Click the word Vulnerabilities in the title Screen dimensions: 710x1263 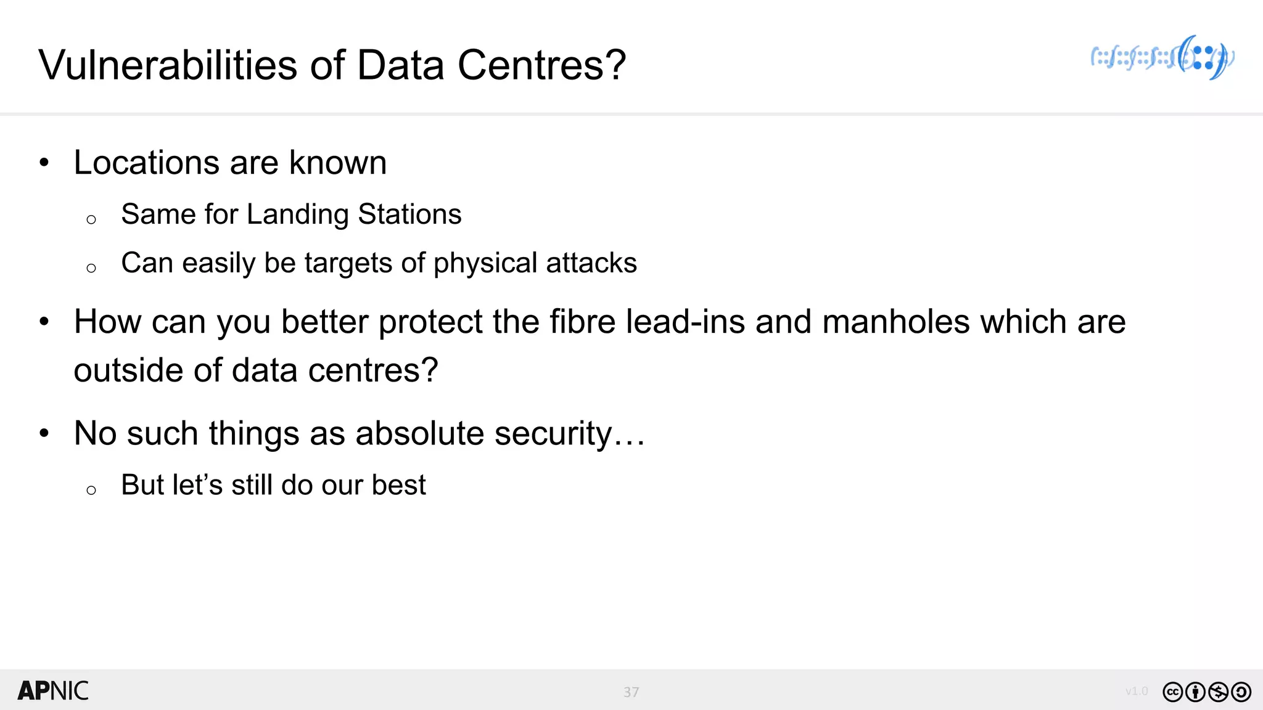pyautogui.click(x=170, y=65)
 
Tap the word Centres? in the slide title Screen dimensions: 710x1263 pyautogui.click(x=541, y=65)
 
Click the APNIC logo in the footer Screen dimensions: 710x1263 pyautogui.click(x=53, y=691)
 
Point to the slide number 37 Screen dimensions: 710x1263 pyautogui.click(x=631, y=692)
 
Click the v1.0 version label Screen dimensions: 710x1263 pyautogui.click(x=1136, y=692)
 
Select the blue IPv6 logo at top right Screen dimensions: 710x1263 pyautogui.click(x=1162, y=58)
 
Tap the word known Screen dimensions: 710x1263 pyautogui.click(x=338, y=163)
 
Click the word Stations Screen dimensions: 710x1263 pyautogui.click(x=409, y=214)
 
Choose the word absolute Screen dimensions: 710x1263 pyautogui.click(x=420, y=433)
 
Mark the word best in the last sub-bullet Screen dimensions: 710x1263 pyautogui.click(x=398, y=485)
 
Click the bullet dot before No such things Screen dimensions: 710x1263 pyautogui.click(x=44, y=433)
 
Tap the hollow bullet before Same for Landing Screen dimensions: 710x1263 pyautogui.click(x=91, y=219)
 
